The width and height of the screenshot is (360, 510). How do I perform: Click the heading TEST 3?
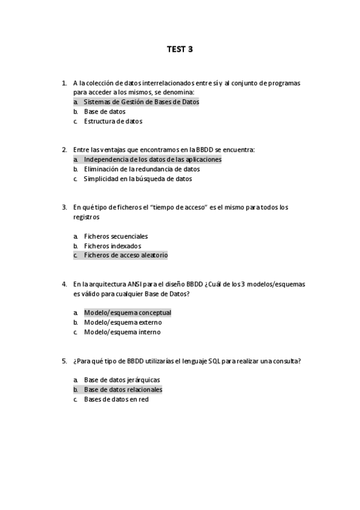180,49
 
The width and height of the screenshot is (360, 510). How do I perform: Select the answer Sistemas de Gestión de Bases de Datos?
141,102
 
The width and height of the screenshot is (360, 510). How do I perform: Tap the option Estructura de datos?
113,121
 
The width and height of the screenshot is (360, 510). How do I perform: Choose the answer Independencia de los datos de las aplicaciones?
153,159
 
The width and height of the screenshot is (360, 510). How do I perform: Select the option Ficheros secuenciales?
116,236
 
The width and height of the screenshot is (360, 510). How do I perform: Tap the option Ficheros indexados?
113,246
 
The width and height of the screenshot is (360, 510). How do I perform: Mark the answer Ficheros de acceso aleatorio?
126,256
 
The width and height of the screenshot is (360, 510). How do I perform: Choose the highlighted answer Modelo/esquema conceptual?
127,313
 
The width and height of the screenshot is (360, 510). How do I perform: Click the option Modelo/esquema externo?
123,322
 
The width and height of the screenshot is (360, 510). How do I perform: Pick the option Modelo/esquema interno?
122,332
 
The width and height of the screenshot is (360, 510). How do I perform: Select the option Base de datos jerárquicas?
122,380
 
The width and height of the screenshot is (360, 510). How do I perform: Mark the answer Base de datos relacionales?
123,390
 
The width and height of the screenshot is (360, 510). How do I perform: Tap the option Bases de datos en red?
116,399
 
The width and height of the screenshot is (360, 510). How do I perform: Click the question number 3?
64,207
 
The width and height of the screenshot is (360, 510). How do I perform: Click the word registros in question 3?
86,217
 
